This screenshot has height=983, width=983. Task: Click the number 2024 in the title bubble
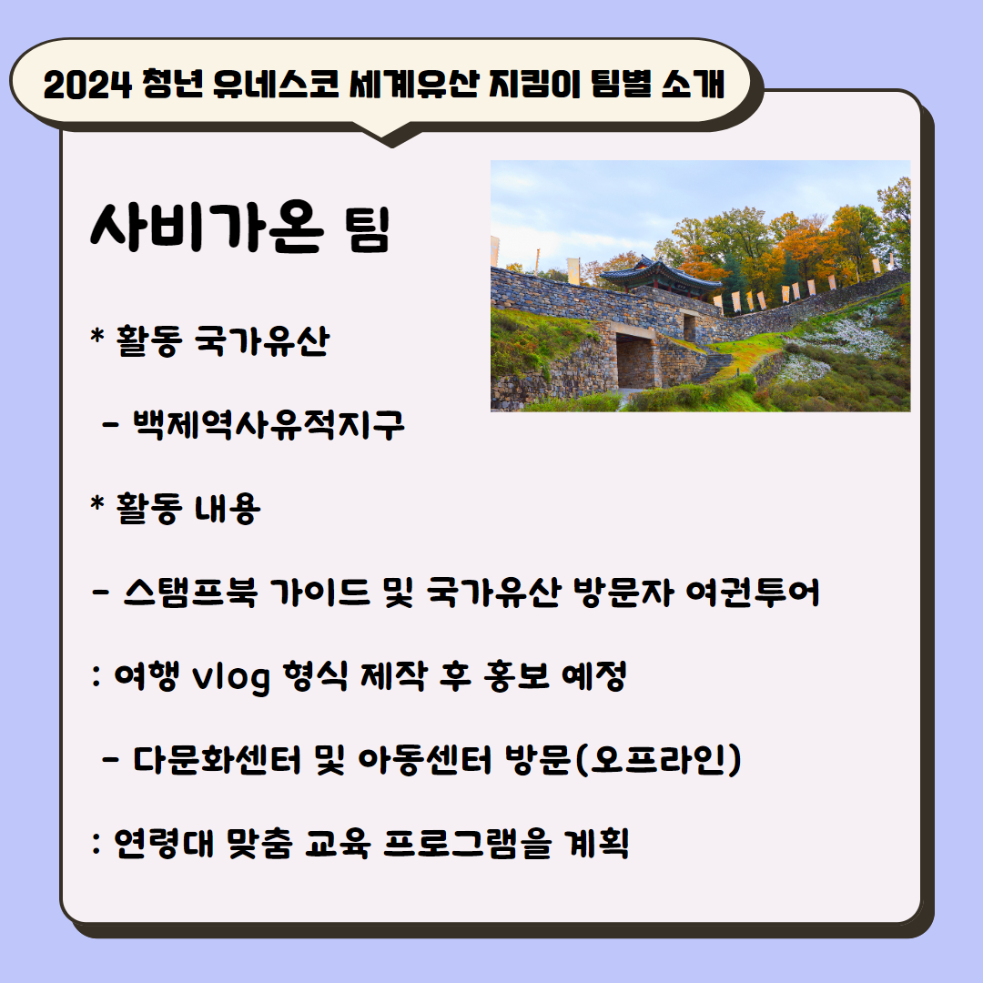click(x=87, y=85)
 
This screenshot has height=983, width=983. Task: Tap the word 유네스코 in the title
click(x=276, y=84)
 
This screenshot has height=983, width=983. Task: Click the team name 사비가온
click(x=207, y=227)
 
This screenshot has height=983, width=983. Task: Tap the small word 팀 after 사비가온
click(x=368, y=229)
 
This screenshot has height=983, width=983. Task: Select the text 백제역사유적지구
click(x=269, y=424)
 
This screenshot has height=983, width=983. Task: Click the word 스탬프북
click(x=190, y=592)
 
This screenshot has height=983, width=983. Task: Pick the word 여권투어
click(x=753, y=592)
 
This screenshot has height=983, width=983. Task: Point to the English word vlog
click(x=231, y=677)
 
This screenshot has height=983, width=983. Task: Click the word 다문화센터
click(x=218, y=759)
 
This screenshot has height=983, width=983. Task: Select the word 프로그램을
click(x=468, y=843)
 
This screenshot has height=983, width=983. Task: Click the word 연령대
click(x=164, y=843)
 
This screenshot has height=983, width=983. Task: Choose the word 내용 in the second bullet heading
click(x=228, y=508)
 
